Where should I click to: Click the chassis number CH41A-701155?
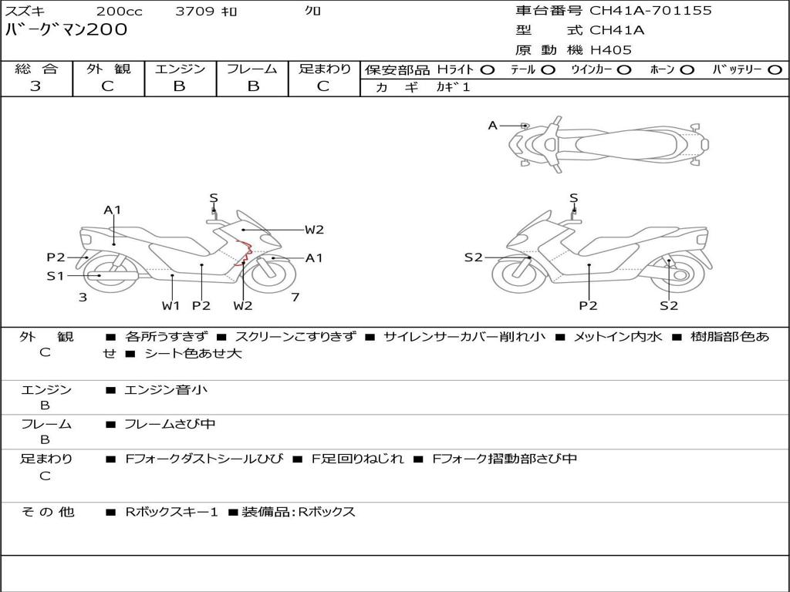(x=650, y=11)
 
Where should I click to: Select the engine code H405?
(x=610, y=50)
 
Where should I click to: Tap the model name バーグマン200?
(x=66, y=30)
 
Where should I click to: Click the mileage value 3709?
(x=196, y=11)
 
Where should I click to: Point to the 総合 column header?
(x=36, y=69)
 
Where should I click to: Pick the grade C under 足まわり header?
(x=323, y=86)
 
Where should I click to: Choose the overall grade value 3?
(x=35, y=86)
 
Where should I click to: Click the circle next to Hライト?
(x=487, y=69)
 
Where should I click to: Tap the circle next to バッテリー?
(x=775, y=69)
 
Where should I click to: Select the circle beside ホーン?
(x=687, y=69)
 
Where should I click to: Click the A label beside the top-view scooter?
(x=492, y=125)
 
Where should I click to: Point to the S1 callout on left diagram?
(x=55, y=275)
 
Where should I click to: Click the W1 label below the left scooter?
(x=170, y=305)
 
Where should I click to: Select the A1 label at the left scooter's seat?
(x=113, y=210)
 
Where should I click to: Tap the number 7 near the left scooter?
(x=295, y=297)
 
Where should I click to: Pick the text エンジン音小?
(x=166, y=390)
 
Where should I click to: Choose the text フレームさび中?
(x=170, y=424)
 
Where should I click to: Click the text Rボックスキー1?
(x=172, y=512)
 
